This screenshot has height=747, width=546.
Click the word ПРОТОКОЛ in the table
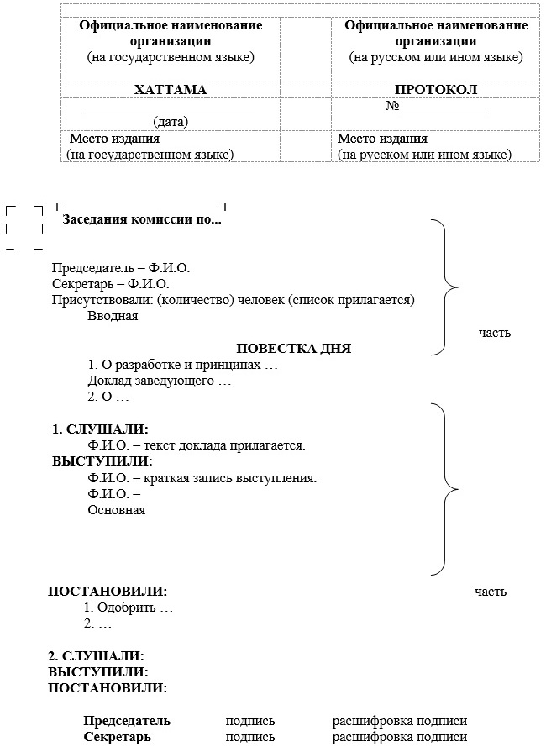(x=436, y=90)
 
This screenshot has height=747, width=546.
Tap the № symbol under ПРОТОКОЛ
(x=391, y=107)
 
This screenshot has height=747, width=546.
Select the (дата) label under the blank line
(x=171, y=121)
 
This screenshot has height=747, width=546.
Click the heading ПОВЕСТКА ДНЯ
(x=293, y=349)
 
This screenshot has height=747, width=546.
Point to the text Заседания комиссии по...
(x=142, y=220)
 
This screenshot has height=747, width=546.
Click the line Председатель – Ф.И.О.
(x=121, y=268)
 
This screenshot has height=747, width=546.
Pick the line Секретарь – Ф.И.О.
(x=110, y=284)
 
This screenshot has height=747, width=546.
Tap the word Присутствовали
(x=95, y=300)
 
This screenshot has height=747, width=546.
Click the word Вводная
(x=113, y=316)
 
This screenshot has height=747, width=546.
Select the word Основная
(x=116, y=509)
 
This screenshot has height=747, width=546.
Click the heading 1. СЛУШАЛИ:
(x=100, y=429)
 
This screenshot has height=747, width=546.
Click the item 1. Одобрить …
(x=129, y=608)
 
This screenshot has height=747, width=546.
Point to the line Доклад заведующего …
(x=159, y=381)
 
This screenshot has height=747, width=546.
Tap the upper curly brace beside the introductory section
(x=446, y=287)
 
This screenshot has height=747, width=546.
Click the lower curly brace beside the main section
(x=446, y=487)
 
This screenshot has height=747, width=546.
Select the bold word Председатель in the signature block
(x=127, y=721)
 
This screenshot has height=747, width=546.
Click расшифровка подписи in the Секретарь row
(x=399, y=737)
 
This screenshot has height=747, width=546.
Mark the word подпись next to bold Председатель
(x=250, y=721)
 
